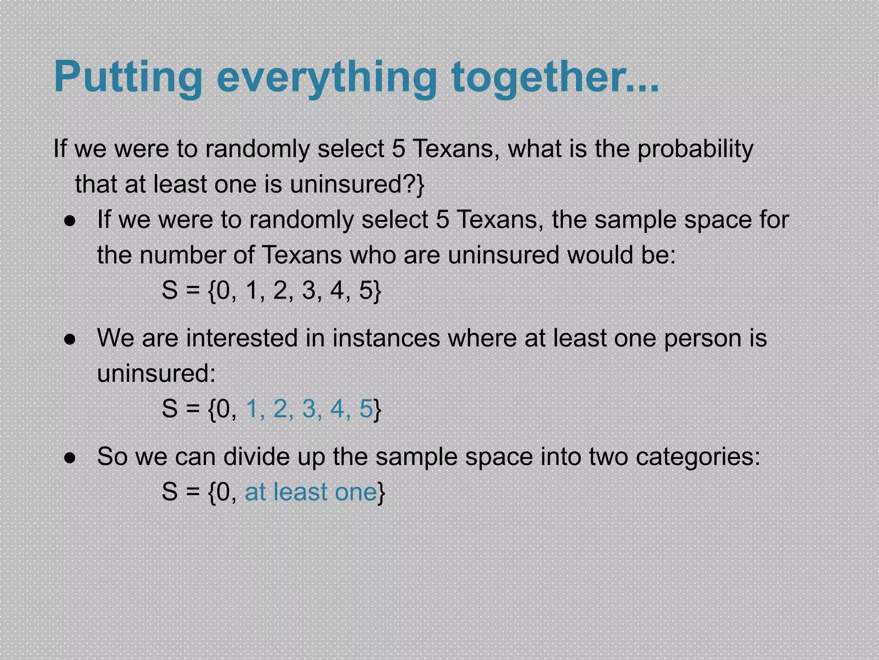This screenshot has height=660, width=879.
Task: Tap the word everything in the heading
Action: [326, 77]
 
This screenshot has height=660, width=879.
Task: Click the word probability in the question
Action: [695, 149]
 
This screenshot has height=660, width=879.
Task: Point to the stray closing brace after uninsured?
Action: [421, 185]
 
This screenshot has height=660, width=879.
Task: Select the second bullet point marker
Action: [70, 339]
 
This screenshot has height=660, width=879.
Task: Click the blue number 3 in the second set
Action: [309, 409]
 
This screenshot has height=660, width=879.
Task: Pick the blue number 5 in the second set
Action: [366, 409]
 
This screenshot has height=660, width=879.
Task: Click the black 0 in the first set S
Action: [223, 290]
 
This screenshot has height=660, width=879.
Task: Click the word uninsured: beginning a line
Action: [156, 373]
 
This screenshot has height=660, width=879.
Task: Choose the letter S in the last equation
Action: [170, 492]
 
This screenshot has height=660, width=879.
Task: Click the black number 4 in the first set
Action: [337, 290]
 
